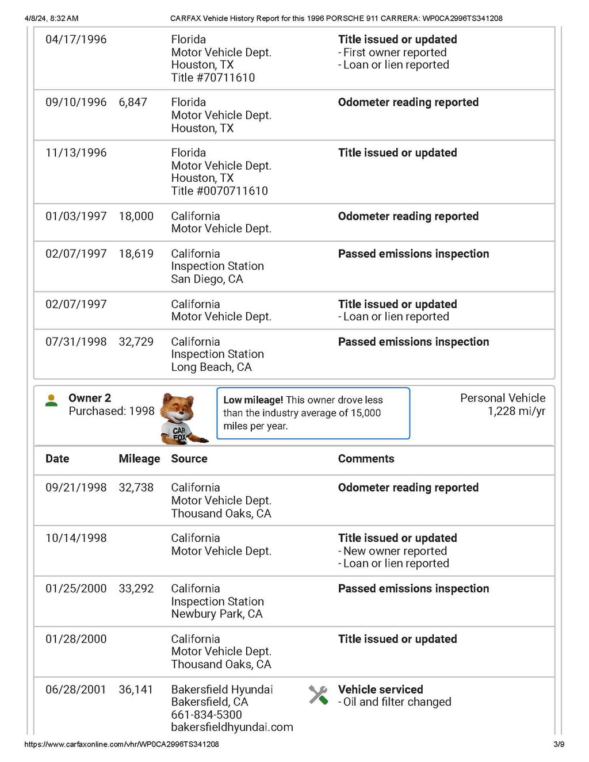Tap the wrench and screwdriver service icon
click(x=318, y=695)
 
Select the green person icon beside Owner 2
click(x=52, y=401)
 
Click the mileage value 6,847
click(x=133, y=102)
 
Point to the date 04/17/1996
click(x=76, y=40)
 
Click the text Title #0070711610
click(x=219, y=191)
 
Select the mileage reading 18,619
click(x=136, y=254)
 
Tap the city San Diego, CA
click(x=206, y=279)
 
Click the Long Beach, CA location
click(x=211, y=367)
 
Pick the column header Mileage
click(x=139, y=459)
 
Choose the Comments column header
click(x=366, y=459)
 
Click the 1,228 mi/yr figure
click(x=516, y=411)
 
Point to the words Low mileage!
click(x=253, y=400)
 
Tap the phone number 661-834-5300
click(x=206, y=715)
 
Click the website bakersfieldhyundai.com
click(x=232, y=727)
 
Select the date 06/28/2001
click(x=76, y=690)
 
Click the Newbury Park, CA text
click(x=216, y=614)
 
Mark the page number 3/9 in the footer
click(x=559, y=744)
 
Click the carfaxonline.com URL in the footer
click(x=121, y=744)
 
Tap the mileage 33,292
click(x=136, y=589)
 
